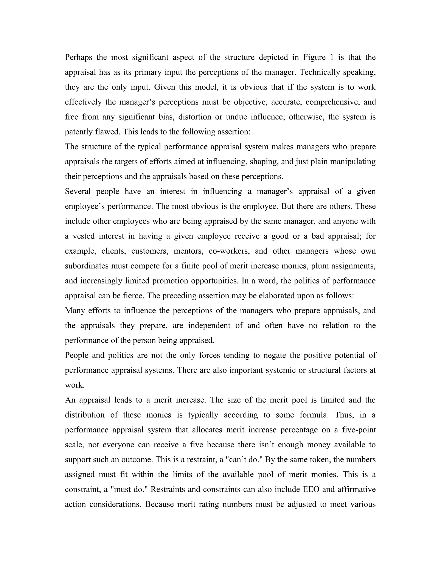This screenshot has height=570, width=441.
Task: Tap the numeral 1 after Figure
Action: tap(332, 57)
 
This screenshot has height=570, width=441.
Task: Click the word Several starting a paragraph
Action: tap(78, 191)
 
